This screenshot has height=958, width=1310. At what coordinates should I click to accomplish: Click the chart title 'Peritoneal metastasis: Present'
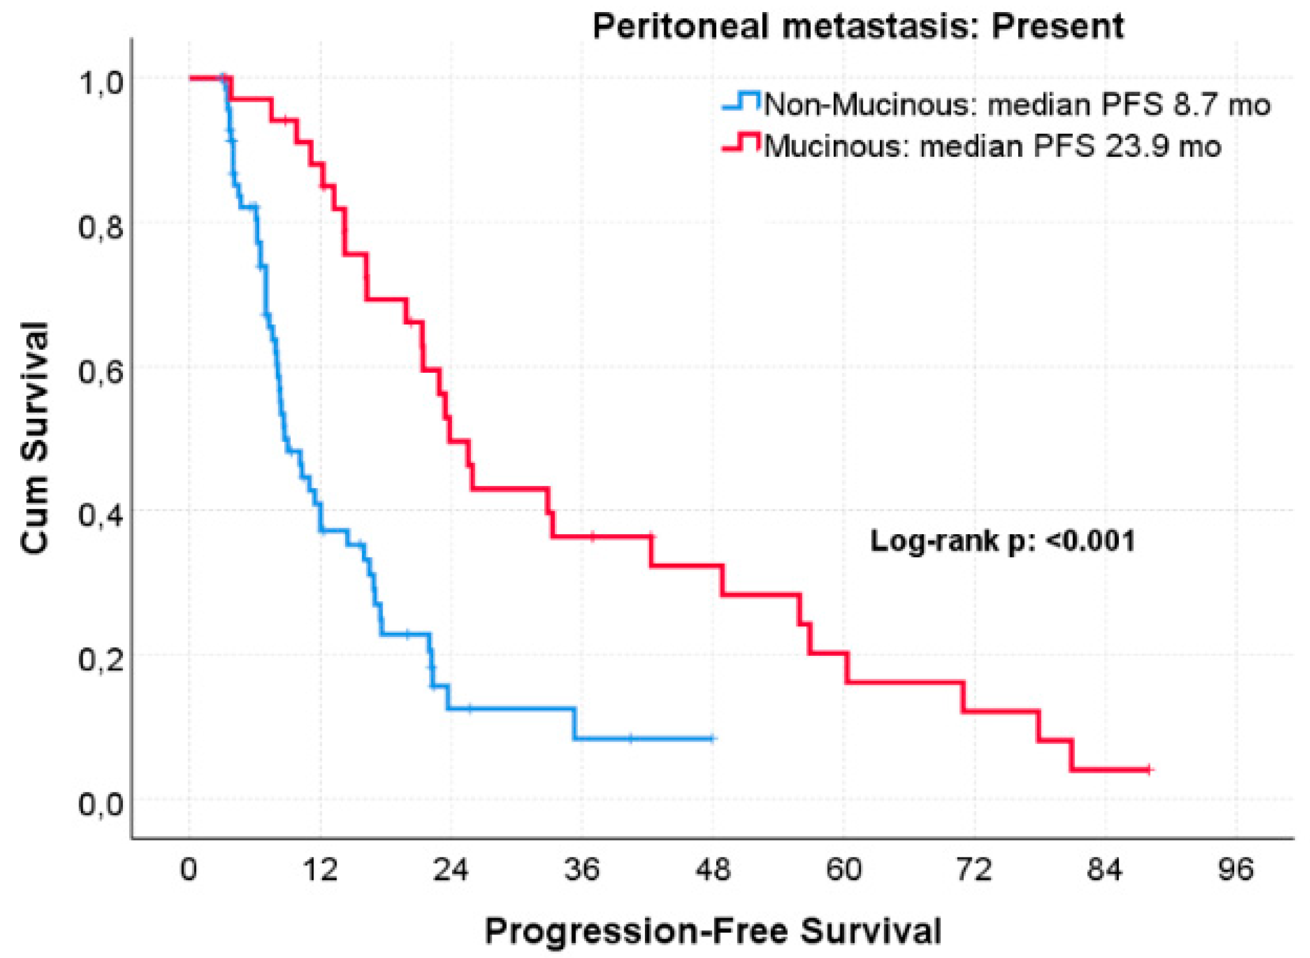pyautogui.click(x=858, y=26)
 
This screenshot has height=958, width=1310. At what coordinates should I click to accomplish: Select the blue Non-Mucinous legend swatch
pyautogui.click(x=741, y=104)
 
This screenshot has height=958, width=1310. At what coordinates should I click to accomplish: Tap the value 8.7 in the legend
pyautogui.click(x=1200, y=106)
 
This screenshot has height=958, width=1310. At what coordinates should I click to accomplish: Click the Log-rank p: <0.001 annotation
pyautogui.click(x=1002, y=542)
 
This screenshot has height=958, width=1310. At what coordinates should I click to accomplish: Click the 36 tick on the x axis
pyautogui.click(x=582, y=871)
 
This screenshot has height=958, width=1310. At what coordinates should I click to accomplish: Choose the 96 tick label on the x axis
pyautogui.click(x=1236, y=871)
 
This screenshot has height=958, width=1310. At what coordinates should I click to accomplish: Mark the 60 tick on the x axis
pyautogui.click(x=844, y=871)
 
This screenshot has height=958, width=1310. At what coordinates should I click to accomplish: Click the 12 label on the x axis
pyautogui.click(x=320, y=871)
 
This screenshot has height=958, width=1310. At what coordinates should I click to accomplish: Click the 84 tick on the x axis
pyautogui.click(x=1106, y=871)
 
